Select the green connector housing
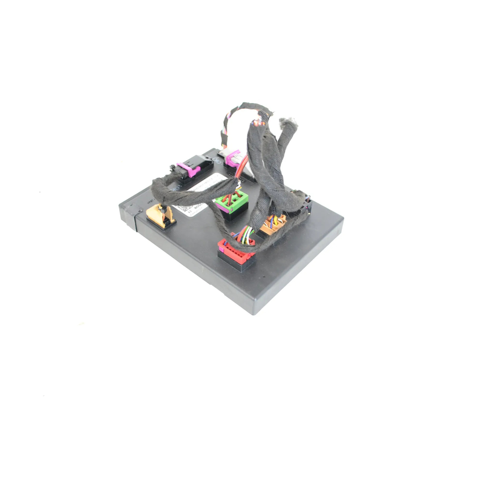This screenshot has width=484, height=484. (x=231, y=199)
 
